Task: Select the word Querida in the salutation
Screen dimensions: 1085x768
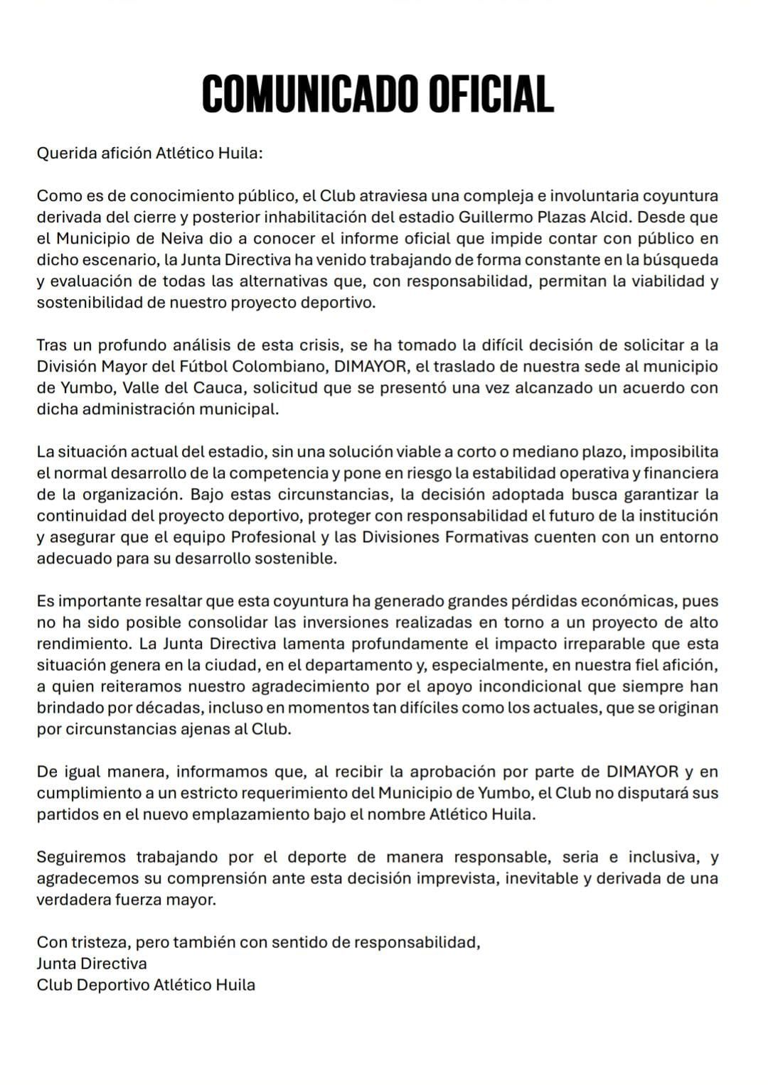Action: [x=65, y=153]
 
